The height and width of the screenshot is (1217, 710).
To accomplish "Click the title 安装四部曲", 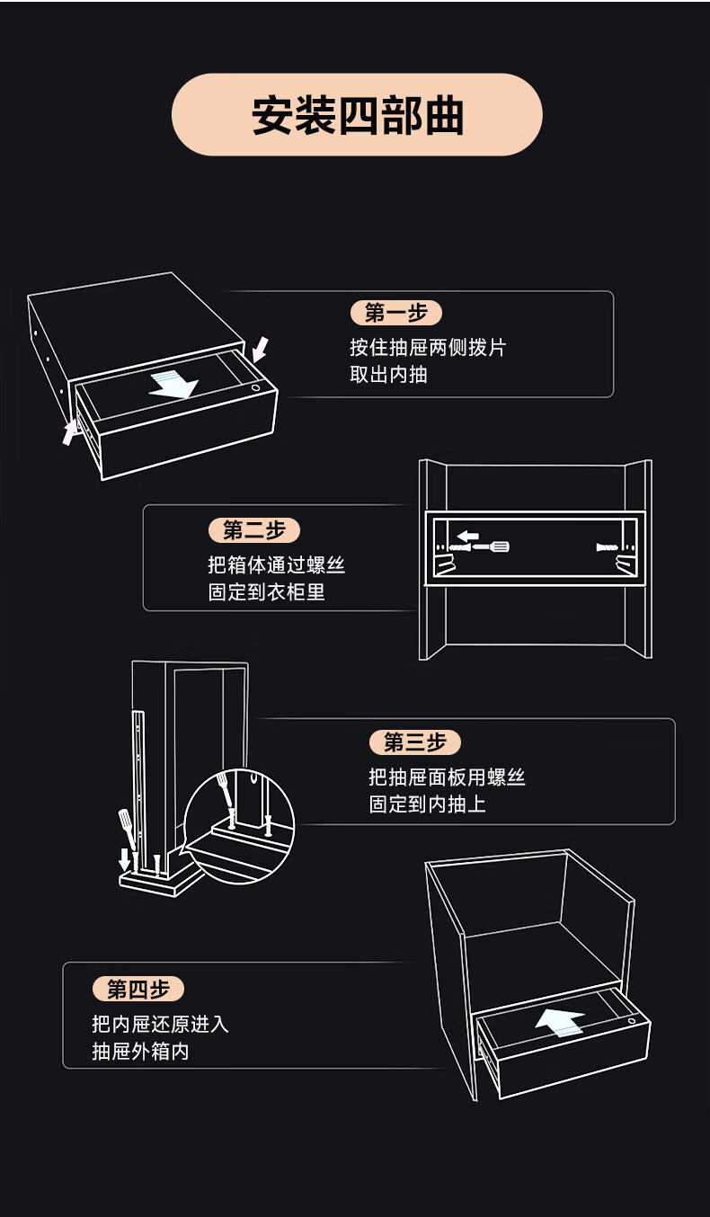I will [x=357, y=116].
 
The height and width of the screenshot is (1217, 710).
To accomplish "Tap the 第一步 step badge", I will [x=395, y=313].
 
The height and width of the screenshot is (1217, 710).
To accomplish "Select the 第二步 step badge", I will [x=254, y=530].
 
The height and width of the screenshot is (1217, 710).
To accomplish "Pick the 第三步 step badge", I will [x=414, y=742].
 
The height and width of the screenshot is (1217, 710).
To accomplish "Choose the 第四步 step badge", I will [x=138, y=990].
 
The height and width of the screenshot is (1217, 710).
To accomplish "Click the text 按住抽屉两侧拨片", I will [x=428, y=347].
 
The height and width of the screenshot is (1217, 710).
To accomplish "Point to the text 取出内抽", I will [x=388, y=374].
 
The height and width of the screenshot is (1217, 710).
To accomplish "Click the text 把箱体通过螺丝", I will [x=276, y=565].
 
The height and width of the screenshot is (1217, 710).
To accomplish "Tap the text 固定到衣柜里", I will [x=266, y=592].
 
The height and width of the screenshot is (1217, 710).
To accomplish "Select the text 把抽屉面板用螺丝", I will [x=447, y=777].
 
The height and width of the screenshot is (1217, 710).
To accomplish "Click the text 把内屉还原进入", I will [x=161, y=1024].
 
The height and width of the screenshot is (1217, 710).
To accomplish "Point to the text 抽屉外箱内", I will [x=140, y=1051].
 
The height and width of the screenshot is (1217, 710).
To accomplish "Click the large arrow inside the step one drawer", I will [x=174, y=384].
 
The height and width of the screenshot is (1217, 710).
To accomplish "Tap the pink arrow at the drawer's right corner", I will [x=259, y=348].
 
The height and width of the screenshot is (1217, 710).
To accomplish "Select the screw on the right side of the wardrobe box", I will [x=608, y=546].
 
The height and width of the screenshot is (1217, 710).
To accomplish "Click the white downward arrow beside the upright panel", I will [x=125, y=860].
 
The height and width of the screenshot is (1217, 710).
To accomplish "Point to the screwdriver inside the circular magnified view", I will [x=224, y=788].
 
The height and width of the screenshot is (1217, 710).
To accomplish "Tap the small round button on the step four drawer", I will [x=632, y=1021].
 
